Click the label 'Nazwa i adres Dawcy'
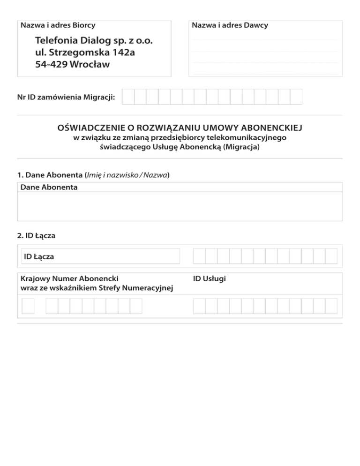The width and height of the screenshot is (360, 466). tap(230, 25)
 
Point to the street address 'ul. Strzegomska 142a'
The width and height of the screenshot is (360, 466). tap(85, 53)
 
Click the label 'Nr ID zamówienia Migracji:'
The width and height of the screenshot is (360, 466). tap(66, 98)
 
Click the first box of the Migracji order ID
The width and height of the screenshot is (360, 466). tap(128, 97)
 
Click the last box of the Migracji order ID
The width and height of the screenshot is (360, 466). tap(296, 97)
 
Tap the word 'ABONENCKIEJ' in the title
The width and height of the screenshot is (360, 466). tap(274, 128)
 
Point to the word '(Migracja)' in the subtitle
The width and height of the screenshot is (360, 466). tap(241, 147)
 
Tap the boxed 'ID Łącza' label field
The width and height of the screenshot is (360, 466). tap(100, 256)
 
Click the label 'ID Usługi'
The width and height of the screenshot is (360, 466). tap(210, 278)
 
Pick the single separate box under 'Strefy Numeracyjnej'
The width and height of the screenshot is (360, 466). tap(28, 307)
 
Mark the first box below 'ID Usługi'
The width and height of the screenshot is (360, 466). tap(199, 307)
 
